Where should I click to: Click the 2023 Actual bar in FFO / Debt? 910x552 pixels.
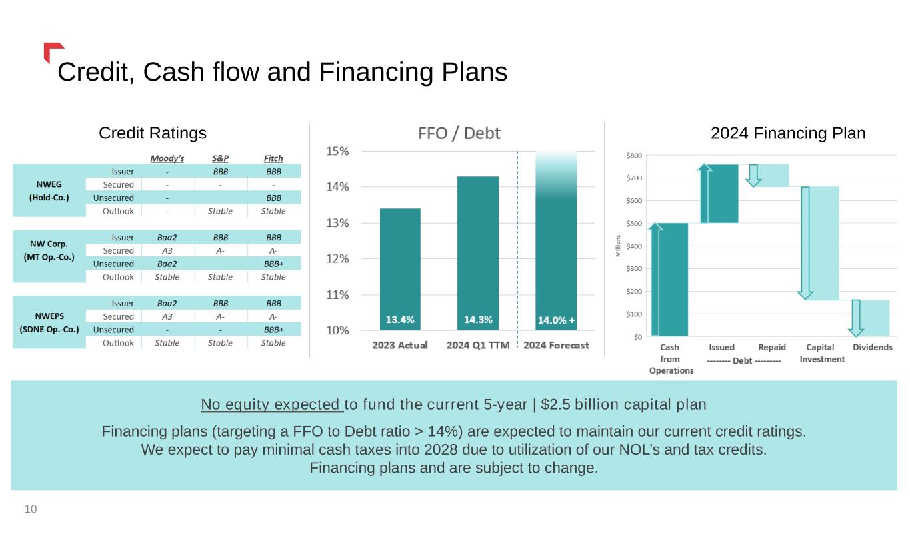[400, 266]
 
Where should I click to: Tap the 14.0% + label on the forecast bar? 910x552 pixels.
[556, 320]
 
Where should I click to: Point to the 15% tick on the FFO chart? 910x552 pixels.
[337, 151]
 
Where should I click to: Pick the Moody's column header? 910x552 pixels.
[167, 158]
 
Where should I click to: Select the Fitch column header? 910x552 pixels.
[273, 158]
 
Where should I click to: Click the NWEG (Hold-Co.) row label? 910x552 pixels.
[49, 191]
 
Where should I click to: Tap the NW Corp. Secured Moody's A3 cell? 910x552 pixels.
[167, 250]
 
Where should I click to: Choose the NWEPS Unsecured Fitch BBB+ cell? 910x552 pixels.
[273, 330]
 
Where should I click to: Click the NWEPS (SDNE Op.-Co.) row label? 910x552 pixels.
[49, 323]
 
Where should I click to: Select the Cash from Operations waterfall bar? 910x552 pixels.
[669, 280]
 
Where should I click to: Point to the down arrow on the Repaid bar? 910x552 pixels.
[753, 175]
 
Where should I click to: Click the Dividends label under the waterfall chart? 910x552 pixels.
[873, 347]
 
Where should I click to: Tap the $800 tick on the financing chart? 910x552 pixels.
[634, 156]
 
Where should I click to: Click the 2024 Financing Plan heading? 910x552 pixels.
[788, 133]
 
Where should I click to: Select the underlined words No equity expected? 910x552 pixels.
[271, 404]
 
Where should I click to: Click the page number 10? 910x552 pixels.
[31, 509]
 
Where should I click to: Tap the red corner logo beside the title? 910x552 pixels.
[51, 50]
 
